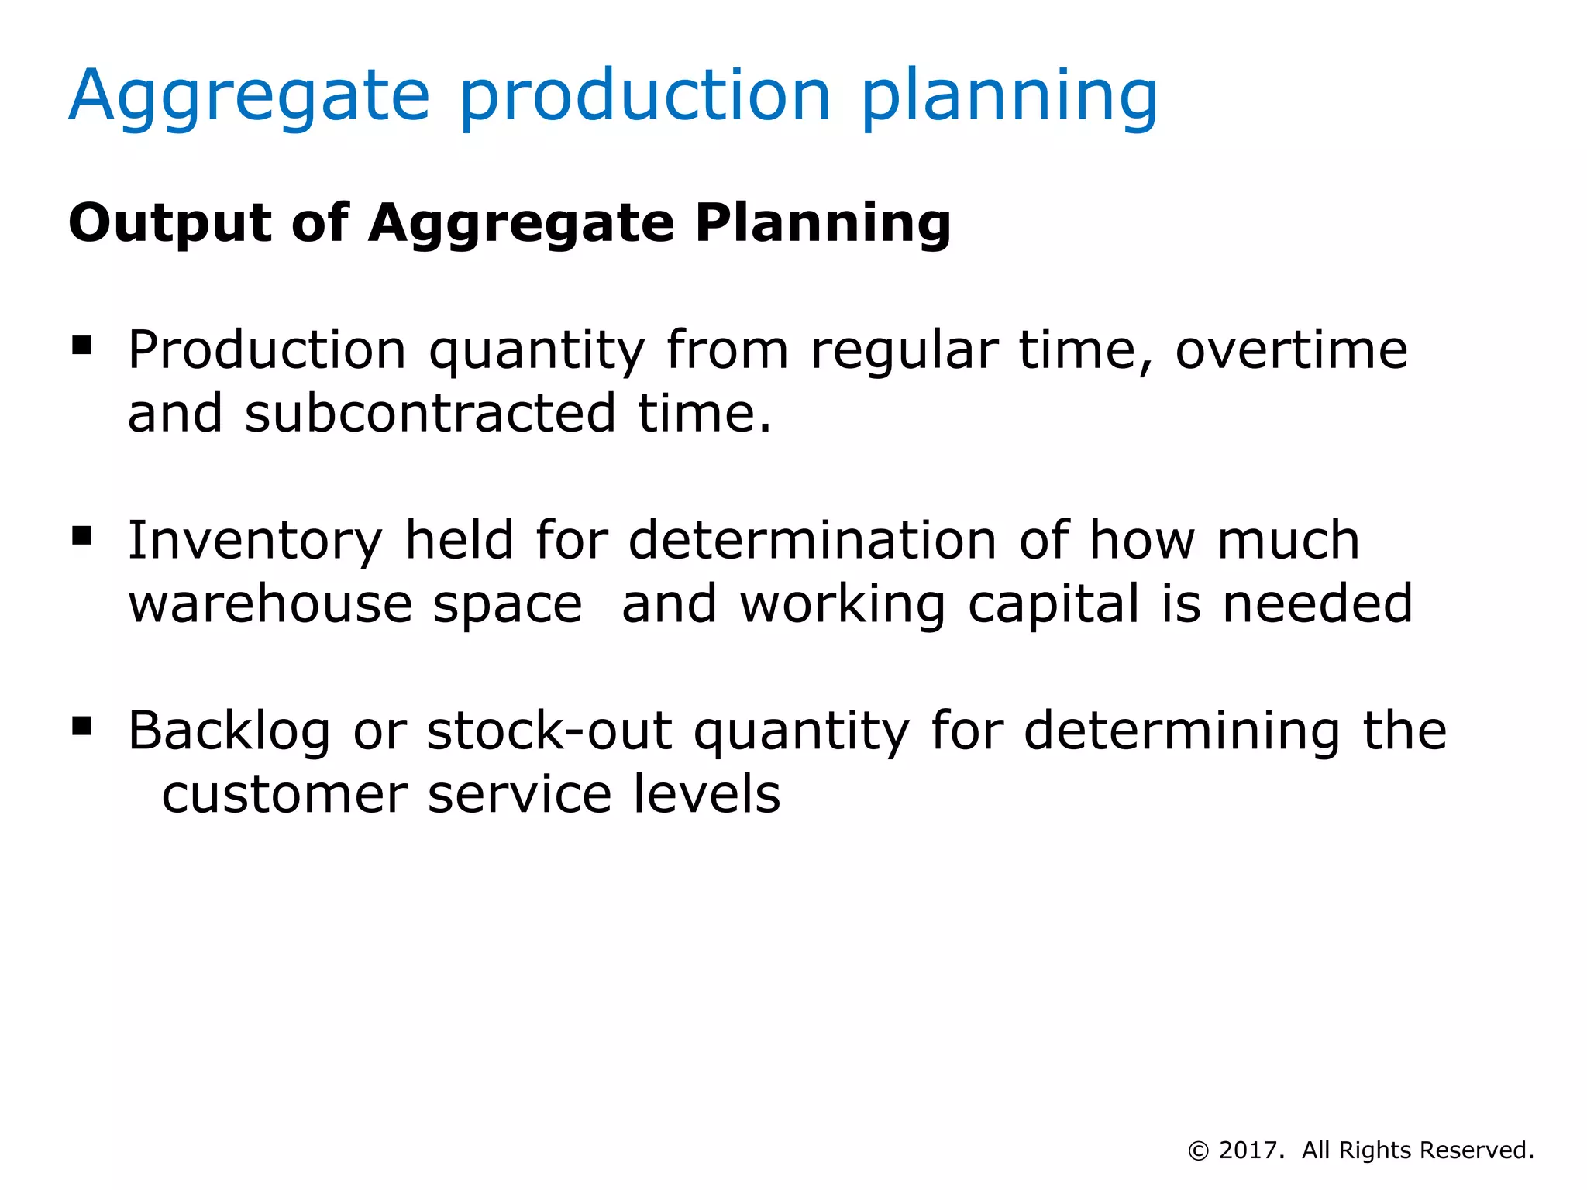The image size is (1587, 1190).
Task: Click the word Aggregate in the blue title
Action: [249, 98]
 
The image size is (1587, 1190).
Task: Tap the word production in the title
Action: [645, 98]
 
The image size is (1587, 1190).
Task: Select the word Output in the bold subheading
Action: [170, 223]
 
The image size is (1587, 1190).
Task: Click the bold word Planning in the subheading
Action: [822, 223]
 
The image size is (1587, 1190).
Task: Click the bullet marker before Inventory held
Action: [81, 535]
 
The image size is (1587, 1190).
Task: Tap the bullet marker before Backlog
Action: [81, 726]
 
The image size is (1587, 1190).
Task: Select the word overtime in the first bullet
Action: [1291, 350]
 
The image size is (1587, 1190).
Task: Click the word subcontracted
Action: [430, 414]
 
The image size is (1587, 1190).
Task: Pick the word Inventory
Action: [255, 541]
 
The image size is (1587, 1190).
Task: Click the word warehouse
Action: [270, 604]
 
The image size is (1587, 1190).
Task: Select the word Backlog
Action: [229, 731]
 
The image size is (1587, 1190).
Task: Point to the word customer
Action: [284, 795]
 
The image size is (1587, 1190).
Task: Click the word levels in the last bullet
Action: [706, 795]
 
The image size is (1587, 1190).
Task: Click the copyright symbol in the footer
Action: [1198, 1151]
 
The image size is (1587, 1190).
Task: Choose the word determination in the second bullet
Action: [812, 541]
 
